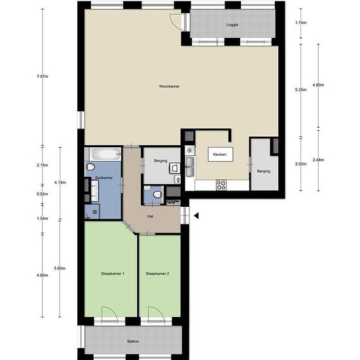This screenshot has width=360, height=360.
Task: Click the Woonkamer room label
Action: pos(170,86)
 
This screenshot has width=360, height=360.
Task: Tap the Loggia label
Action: pos(232,25)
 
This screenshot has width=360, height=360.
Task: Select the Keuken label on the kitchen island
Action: pos(220,154)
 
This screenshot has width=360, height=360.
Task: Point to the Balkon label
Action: pos(133,342)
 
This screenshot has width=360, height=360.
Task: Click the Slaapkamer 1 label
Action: pos(113,274)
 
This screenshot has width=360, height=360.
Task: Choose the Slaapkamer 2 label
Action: pos(157,274)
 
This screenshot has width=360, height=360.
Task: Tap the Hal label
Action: pos(151,216)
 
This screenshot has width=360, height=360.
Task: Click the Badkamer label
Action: pos(104,177)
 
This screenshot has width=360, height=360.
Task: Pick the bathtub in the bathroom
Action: pos(105,154)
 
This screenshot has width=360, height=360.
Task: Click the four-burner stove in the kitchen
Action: pos(221,185)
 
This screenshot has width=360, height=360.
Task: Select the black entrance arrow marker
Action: pos(196,215)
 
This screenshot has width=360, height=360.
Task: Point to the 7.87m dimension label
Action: pos(43,77)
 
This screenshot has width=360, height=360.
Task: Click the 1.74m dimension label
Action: pos(301,23)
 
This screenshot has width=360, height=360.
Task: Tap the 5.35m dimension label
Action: pos(301,90)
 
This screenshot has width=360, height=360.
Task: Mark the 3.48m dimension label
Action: pos(318,160)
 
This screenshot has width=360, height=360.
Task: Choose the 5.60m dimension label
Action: pos(60,268)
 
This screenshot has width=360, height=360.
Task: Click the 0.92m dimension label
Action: pos(43,194)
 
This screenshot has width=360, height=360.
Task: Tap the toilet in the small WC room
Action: pos(158,195)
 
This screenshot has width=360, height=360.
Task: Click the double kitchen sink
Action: pos(190,167)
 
